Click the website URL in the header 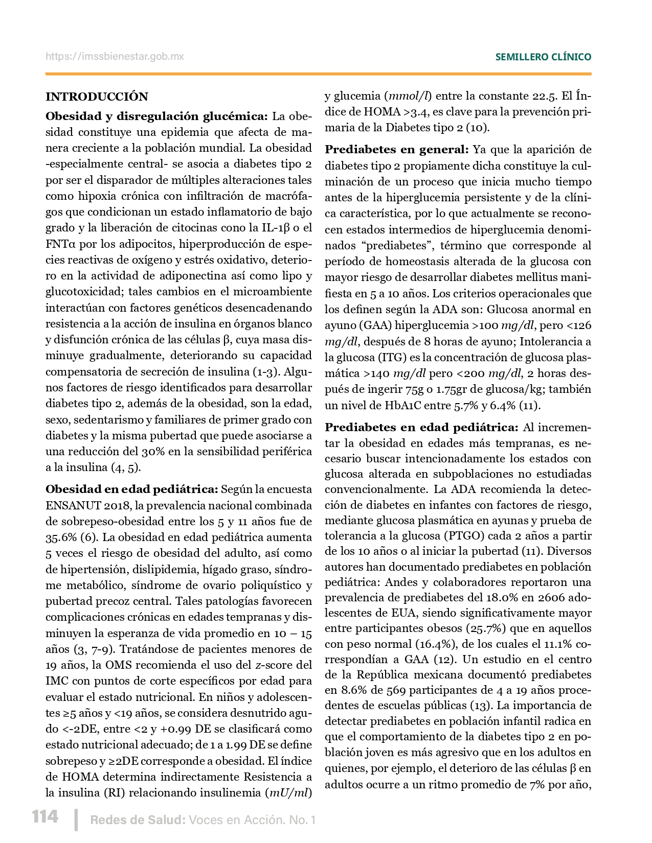pyautogui.click(x=115, y=57)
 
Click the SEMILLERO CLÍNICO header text pyautogui.click(x=543, y=57)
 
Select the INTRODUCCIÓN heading pyautogui.click(x=97, y=97)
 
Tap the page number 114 pyautogui.click(x=45, y=817)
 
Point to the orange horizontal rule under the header pyautogui.click(x=318, y=74)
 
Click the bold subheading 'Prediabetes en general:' pyautogui.click(x=396, y=150)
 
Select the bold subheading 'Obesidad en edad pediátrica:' pyautogui.click(x=132, y=489)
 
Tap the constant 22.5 pyautogui.click(x=545, y=96)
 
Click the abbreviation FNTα pyautogui.click(x=60, y=244)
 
